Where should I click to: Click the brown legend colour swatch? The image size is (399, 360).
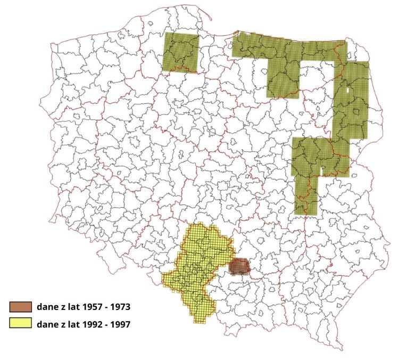click(x=21, y=307)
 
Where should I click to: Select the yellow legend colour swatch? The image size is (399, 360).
click(x=21, y=323)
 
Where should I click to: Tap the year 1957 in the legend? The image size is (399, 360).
click(x=81, y=307)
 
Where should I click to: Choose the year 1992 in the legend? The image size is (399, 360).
click(x=81, y=323)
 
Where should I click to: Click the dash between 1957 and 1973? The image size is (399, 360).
click(x=100, y=307)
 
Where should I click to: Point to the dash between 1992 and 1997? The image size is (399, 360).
click(x=101, y=323)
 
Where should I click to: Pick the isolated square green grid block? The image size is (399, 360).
click(x=181, y=52)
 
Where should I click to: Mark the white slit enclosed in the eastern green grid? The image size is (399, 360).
click(x=347, y=90)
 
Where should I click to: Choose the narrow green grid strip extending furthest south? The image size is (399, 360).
click(x=305, y=194)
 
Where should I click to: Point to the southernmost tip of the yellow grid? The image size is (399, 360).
click(x=201, y=322)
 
